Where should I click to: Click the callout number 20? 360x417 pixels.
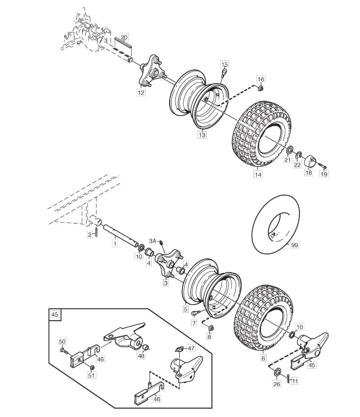click(124, 37)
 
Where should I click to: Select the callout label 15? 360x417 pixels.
click(225, 64)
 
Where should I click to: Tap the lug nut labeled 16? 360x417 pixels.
click(261, 87)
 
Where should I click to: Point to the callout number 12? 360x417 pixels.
click(141, 92)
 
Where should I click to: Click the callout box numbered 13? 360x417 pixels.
click(202, 134)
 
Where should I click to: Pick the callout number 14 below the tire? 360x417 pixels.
click(258, 174)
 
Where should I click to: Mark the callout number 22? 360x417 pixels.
click(297, 165)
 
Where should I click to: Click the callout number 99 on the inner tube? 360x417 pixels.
click(294, 245)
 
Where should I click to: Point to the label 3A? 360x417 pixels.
click(153, 241)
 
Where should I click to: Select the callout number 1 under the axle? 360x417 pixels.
click(115, 243)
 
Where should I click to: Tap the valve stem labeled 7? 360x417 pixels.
click(196, 313)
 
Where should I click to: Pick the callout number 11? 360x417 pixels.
click(295, 381)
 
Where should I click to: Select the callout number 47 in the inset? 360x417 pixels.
click(191, 348)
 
